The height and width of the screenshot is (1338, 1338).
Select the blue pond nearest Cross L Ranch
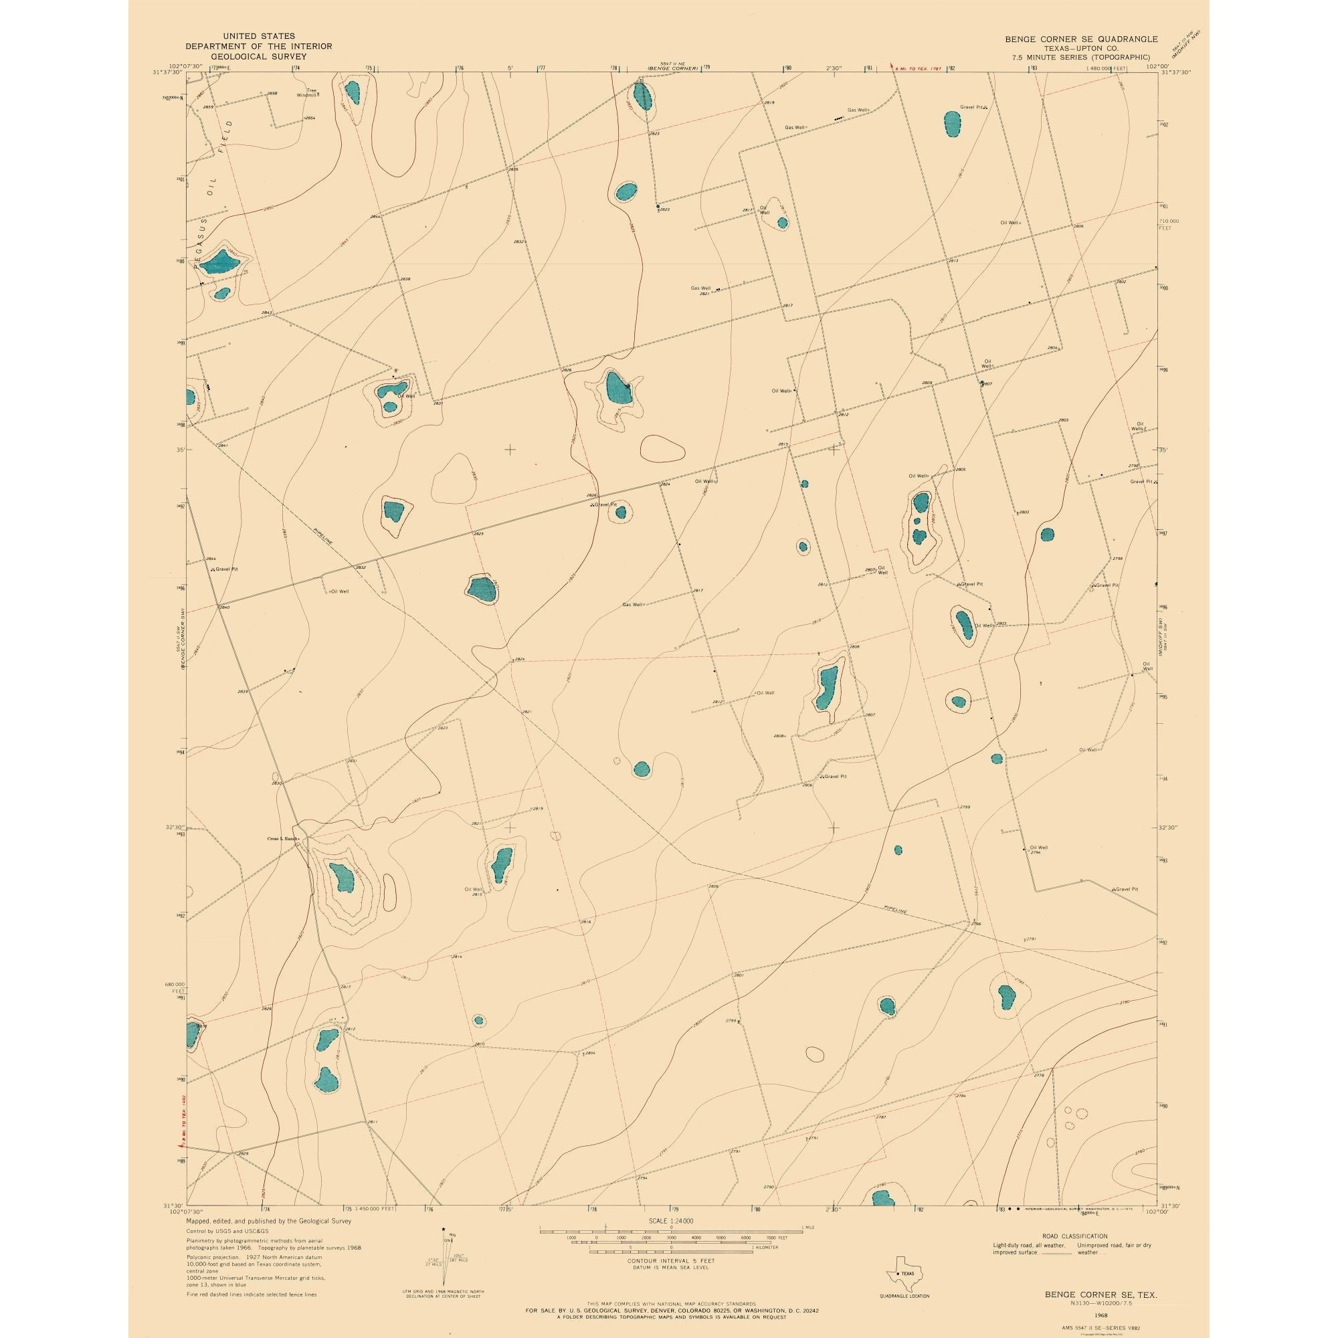pyautogui.click(x=341, y=878)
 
